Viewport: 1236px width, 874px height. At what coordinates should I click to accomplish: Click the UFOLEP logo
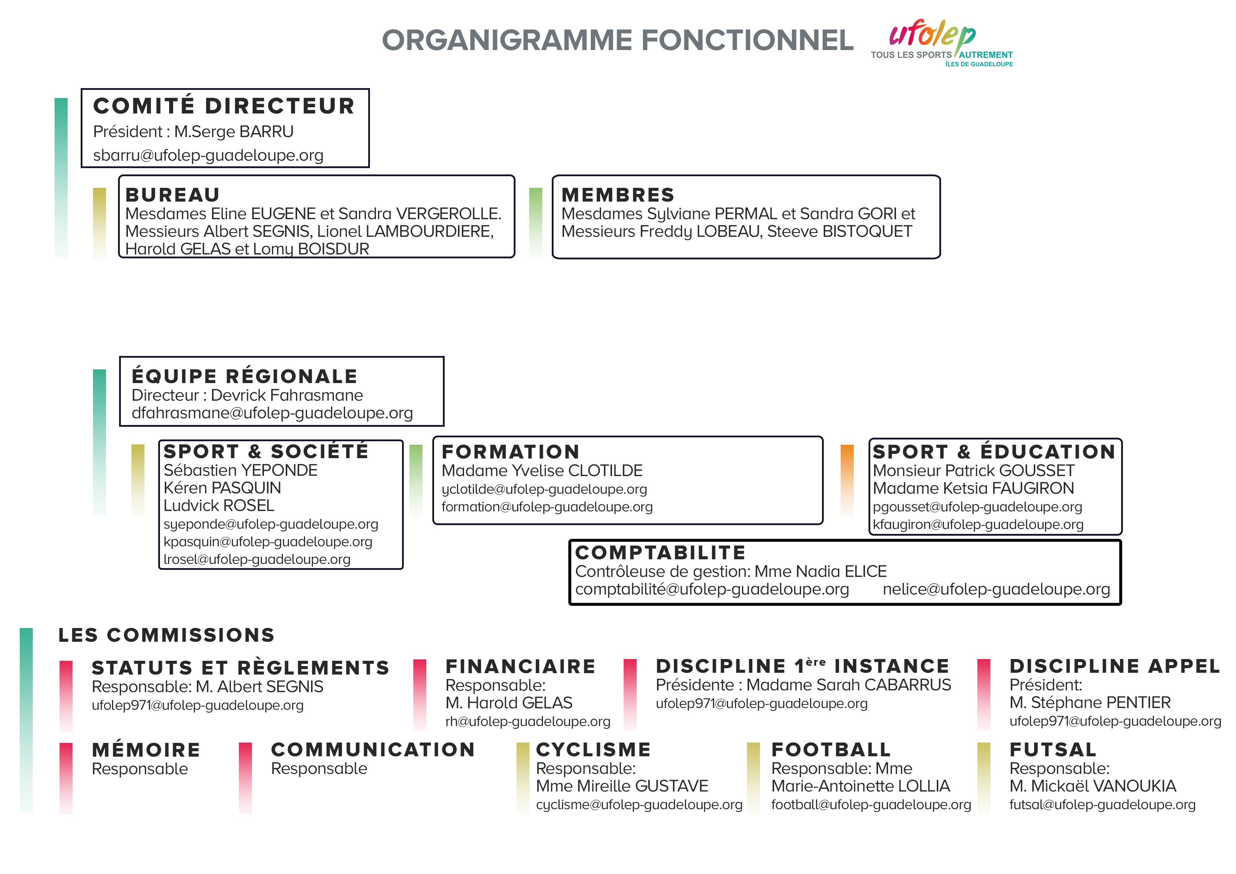coord(941,43)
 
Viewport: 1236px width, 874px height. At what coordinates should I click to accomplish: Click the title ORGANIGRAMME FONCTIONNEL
coord(617,41)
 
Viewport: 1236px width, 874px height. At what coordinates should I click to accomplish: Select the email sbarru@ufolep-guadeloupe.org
coord(208,155)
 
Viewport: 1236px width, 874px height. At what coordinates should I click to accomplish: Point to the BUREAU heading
coord(173,195)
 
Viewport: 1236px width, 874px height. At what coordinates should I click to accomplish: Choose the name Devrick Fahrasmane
coord(287,395)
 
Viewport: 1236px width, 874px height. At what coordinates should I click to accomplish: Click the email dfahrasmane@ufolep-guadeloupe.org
coord(272,413)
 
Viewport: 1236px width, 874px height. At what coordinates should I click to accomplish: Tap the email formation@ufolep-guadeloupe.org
coord(547,507)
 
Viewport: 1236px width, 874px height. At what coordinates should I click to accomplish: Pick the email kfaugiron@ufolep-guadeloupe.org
coord(978,524)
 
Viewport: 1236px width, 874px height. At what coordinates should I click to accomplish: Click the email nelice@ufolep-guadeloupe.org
coord(996,589)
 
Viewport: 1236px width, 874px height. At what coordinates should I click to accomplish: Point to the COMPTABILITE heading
coord(661,553)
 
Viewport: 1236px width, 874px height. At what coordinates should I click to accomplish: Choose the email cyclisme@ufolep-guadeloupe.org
coord(639,805)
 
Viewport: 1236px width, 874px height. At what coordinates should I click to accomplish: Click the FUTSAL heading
coord(1053,750)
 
